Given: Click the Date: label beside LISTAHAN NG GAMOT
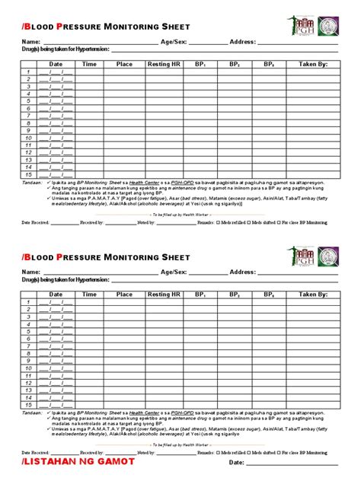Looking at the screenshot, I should (237, 462).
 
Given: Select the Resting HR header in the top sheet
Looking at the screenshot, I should (164, 64).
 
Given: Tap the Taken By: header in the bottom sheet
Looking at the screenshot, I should (313, 294).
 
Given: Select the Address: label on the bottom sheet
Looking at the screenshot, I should (243, 271).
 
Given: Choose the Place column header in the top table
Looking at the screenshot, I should (124, 64).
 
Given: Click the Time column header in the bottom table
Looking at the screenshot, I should (89, 294).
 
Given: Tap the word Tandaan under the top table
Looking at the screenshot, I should (31, 183).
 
